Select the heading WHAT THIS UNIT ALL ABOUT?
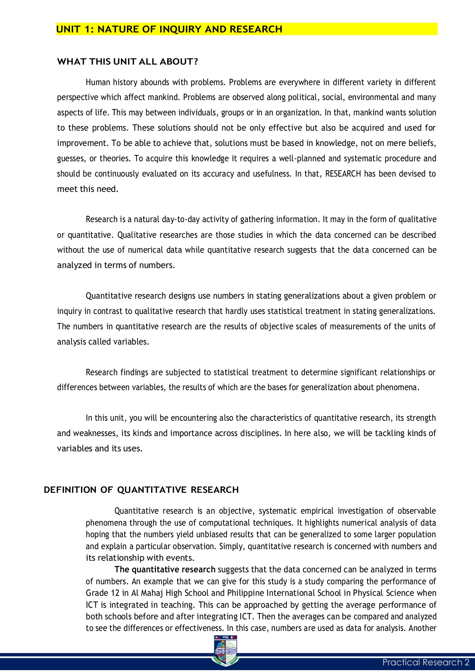click(x=127, y=62)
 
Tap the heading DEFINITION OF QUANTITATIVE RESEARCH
click(x=141, y=490)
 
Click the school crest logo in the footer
click(x=225, y=651)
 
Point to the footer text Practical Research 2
click(x=426, y=663)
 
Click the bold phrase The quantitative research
click(x=165, y=570)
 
